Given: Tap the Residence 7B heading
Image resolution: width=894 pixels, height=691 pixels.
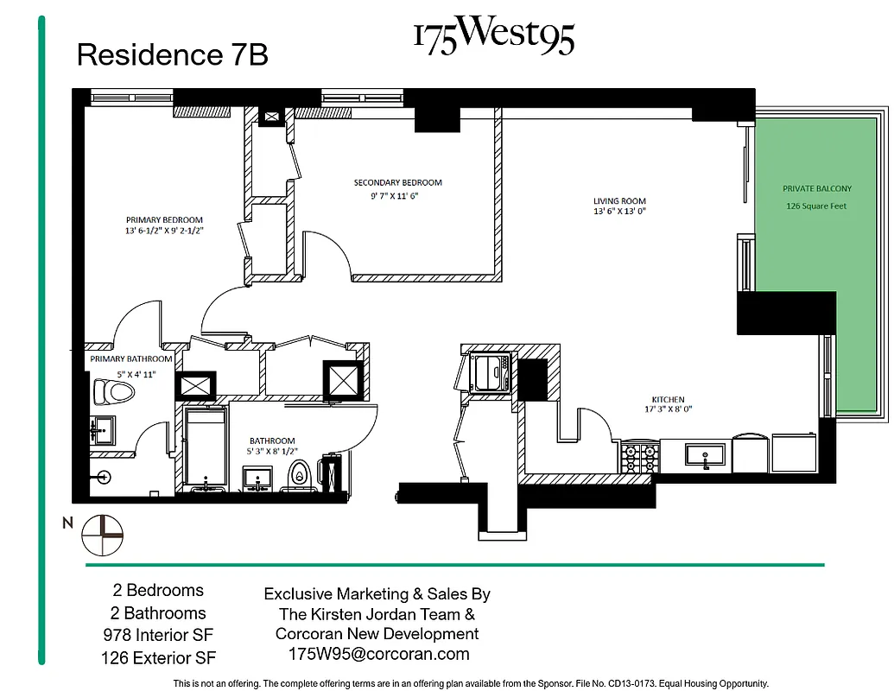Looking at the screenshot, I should click(172, 55).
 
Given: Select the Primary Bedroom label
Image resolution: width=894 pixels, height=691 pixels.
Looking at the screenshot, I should click(164, 219).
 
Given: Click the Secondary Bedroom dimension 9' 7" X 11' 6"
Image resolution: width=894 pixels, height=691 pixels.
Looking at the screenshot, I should click(397, 195).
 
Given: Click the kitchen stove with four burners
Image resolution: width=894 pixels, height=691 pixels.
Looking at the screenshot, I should click(639, 456).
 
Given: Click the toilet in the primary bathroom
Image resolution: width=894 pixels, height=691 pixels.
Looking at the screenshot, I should click(114, 394).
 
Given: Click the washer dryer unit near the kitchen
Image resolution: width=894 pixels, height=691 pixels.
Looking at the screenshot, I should click(491, 373).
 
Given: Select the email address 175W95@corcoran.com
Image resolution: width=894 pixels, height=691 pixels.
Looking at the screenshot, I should click(378, 654).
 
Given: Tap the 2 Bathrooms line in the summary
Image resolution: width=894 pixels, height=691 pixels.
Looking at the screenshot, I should click(159, 613).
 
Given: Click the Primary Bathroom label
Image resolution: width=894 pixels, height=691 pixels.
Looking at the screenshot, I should click(130, 358).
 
